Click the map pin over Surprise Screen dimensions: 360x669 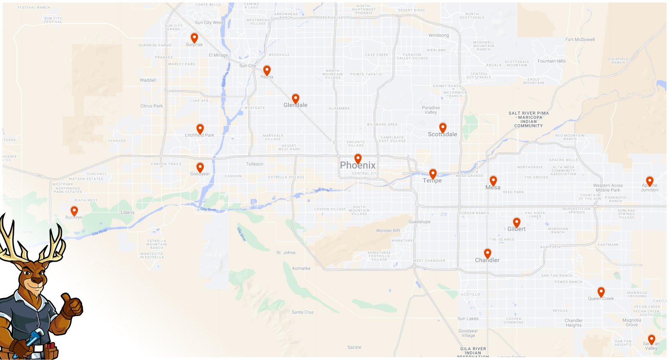[x=194, y=38]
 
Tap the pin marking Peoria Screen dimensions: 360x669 [x=267, y=70]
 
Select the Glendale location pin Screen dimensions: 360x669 [x=296, y=99]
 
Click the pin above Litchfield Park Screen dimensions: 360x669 [x=200, y=128]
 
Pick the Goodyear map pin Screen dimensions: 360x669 [x=200, y=168]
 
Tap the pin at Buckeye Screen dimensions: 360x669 [x=74, y=211]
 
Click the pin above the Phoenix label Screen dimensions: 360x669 [x=358, y=158]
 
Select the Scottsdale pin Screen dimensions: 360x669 [x=443, y=128]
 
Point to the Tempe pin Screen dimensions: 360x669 [x=433, y=174]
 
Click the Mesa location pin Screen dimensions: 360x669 [x=493, y=181]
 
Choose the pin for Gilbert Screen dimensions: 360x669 [x=517, y=222]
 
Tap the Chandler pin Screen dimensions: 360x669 [x=488, y=253]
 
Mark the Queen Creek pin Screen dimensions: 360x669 [x=601, y=292]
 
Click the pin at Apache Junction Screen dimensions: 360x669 [x=649, y=181]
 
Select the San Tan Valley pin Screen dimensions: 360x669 [x=651, y=339]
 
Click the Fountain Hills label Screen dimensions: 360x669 [x=552, y=61]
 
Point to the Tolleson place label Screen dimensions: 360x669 [x=255, y=164]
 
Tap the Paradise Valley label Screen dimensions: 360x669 [x=431, y=110]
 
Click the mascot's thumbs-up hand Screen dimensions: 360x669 [x=71, y=306]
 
